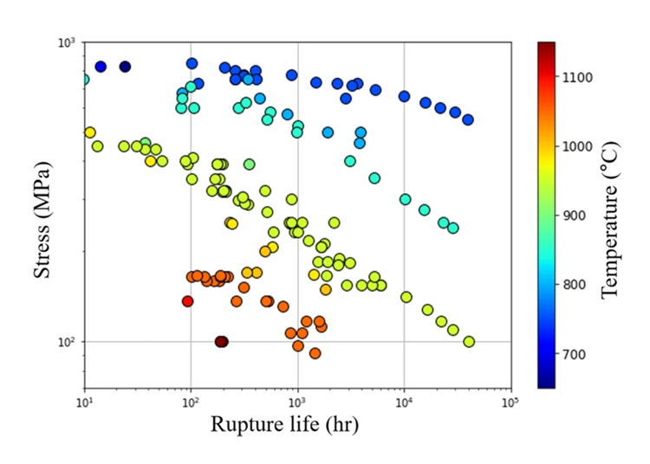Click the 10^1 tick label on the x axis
pos(84,401)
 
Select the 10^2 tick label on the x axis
pos(191,401)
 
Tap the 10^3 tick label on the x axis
pos(297,401)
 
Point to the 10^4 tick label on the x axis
pos(404,401)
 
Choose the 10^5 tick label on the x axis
pos(510,401)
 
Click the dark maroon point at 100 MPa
pos(222,342)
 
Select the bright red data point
pos(187,301)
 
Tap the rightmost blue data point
pos(468,119)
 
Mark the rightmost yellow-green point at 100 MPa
pos(469,342)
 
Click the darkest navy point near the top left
pos(125,67)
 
